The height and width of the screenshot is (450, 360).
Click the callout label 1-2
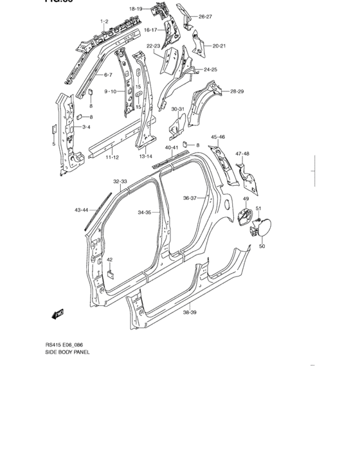(104, 22)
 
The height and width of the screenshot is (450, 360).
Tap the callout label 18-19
(136, 8)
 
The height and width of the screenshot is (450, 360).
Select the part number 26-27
(205, 17)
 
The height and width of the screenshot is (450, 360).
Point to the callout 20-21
(219, 46)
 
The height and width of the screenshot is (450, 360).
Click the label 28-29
(237, 93)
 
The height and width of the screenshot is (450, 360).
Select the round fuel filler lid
(264, 228)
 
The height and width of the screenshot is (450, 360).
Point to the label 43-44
(82, 210)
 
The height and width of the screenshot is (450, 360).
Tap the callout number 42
(110, 260)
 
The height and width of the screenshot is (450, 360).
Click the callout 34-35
(144, 212)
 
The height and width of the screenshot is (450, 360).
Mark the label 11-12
(113, 157)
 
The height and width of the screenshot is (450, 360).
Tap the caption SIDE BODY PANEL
(67, 352)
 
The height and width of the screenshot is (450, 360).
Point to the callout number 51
(259, 208)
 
